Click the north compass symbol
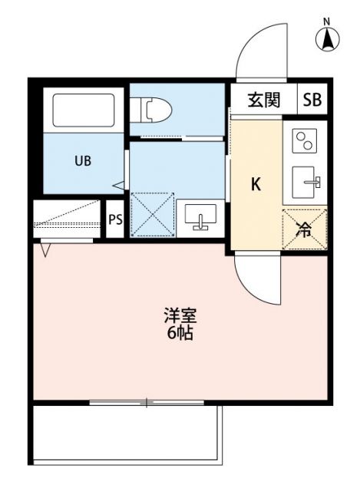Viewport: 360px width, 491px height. pos(328,38)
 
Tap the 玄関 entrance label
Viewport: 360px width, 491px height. pos(263,100)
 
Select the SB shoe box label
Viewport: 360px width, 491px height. pos(312,100)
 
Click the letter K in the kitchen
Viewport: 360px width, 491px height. pos(257,184)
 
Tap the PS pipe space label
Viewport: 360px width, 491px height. pos(115,220)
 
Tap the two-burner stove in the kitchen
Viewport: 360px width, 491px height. pos(305,140)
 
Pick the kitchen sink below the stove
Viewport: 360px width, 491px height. pos(306,183)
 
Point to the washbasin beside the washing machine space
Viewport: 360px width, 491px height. pos(201,216)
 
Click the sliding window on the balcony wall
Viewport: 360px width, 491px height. pos(146,402)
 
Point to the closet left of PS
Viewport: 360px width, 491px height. pos(68,220)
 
